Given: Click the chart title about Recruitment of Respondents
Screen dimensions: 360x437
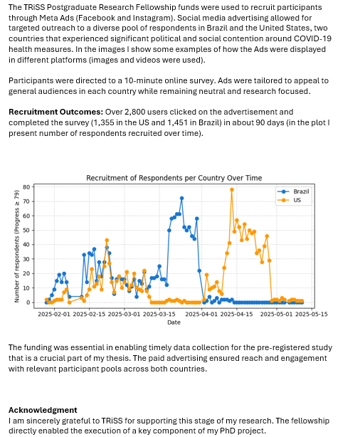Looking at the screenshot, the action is click(x=174, y=178).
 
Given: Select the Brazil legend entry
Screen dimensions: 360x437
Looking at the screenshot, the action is click(x=293, y=191).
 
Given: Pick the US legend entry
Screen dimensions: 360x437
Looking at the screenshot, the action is click(x=290, y=200).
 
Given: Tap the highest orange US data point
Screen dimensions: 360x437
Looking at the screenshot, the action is click(x=232, y=190).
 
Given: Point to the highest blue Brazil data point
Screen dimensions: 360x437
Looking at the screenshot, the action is click(x=181, y=199).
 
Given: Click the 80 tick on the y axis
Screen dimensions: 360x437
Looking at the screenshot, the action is click(x=26, y=187).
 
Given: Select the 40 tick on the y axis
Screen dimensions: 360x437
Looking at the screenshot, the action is click(x=26, y=245).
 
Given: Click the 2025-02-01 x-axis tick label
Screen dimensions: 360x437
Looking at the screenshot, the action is click(x=54, y=314).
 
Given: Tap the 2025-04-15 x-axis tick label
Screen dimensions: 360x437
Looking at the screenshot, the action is click(x=237, y=314).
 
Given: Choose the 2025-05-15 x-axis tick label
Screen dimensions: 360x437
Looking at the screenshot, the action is click(x=312, y=314).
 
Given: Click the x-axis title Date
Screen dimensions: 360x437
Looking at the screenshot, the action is click(x=174, y=322).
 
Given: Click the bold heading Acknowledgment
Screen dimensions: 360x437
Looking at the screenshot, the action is click(x=43, y=410).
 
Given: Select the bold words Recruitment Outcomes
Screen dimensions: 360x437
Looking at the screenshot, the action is click(x=56, y=112).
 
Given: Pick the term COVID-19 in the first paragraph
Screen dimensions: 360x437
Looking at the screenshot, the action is click(x=312, y=38).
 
